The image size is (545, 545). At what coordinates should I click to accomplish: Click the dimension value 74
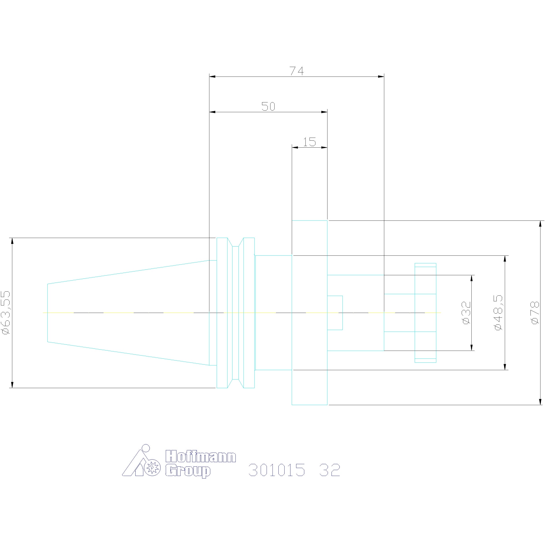(297, 71)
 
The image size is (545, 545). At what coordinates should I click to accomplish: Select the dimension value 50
(268, 107)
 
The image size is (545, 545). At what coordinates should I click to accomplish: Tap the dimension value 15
(310, 142)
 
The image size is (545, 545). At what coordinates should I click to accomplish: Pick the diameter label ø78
(535, 312)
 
